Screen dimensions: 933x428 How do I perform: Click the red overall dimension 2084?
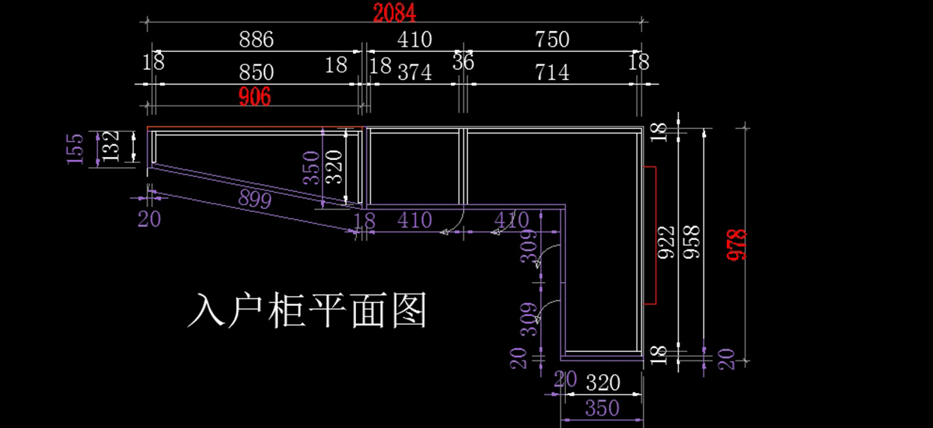coord(394,13)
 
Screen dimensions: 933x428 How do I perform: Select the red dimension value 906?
coord(254,96)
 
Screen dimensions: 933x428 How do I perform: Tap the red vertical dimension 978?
coord(737,245)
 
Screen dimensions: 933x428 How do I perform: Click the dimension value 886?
coord(256,40)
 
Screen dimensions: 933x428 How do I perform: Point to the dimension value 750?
coord(552,40)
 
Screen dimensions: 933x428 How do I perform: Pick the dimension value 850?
coord(256,72)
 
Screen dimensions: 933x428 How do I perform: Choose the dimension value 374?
coord(414,72)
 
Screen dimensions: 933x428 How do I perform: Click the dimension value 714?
coord(552,72)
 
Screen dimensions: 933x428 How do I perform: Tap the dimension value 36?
coord(463,62)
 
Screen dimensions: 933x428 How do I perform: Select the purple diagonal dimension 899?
coord(254,199)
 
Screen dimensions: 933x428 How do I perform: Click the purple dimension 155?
coord(75,149)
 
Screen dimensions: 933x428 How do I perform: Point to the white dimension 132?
coord(111,146)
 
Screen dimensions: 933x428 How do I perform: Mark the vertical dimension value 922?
coord(666,242)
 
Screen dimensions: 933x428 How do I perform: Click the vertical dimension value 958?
coord(692,242)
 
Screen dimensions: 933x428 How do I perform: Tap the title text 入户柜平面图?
coord(307,310)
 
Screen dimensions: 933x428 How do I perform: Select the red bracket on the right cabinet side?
coord(655,235)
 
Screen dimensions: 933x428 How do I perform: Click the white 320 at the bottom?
coord(603,383)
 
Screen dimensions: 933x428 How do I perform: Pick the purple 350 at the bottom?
coord(603,408)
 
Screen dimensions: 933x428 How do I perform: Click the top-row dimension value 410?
coord(414,40)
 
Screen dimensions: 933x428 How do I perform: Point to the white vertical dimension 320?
coord(334,167)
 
